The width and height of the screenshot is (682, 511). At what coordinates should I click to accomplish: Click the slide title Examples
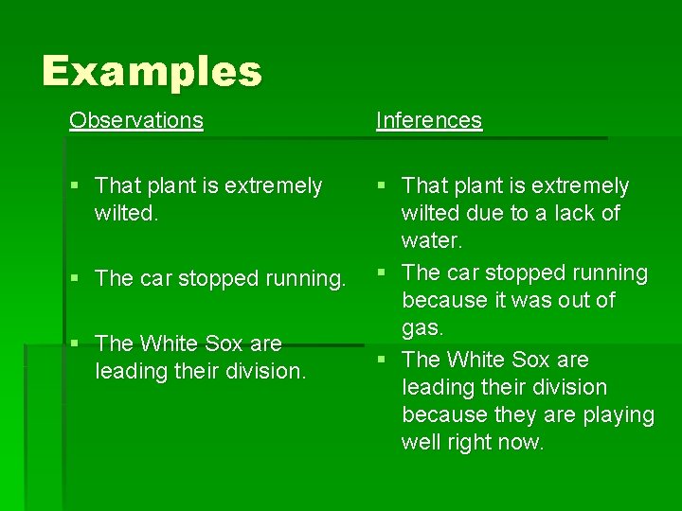pos(152,71)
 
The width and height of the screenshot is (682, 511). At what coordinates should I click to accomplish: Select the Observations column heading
pos(135,120)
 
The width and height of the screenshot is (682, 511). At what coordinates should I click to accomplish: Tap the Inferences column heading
pos(429,120)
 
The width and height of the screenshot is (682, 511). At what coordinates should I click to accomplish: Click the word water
pos(432,240)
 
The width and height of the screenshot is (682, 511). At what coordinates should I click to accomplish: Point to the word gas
pos(423,327)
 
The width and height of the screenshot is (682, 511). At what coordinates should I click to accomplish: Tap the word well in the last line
pos(422,442)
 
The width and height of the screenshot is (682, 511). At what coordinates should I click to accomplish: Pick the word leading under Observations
pos(132,371)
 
